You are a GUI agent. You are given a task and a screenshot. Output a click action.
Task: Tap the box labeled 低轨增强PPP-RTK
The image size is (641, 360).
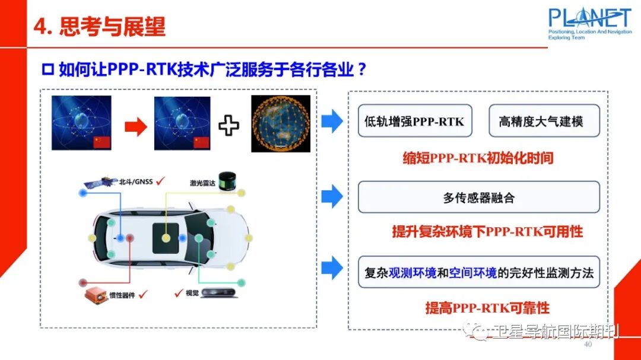tap(414, 122)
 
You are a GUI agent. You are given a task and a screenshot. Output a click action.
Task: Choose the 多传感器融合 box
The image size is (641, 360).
tap(478, 197)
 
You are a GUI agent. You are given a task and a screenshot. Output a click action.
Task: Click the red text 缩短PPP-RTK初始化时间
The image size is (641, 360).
tap(478, 158)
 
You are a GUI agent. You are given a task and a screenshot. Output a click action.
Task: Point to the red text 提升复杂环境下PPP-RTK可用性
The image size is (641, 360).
tap(487, 231)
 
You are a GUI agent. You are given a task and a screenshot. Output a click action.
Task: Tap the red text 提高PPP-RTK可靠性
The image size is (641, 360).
tap(487, 308)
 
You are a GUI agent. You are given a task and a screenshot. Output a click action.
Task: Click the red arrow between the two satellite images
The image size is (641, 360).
tap(136, 126)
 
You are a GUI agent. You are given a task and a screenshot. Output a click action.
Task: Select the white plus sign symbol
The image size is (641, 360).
tap(229, 126)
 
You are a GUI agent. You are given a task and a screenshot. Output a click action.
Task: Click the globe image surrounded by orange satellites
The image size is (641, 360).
tap(280, 123)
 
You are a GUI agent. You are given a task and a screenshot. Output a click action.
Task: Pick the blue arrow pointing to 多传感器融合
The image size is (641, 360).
tap(332, 196)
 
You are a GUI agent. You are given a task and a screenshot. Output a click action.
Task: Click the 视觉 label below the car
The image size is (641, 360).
tap(192, 292)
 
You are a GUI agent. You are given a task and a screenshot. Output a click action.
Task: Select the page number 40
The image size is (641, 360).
tap(588, 345)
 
